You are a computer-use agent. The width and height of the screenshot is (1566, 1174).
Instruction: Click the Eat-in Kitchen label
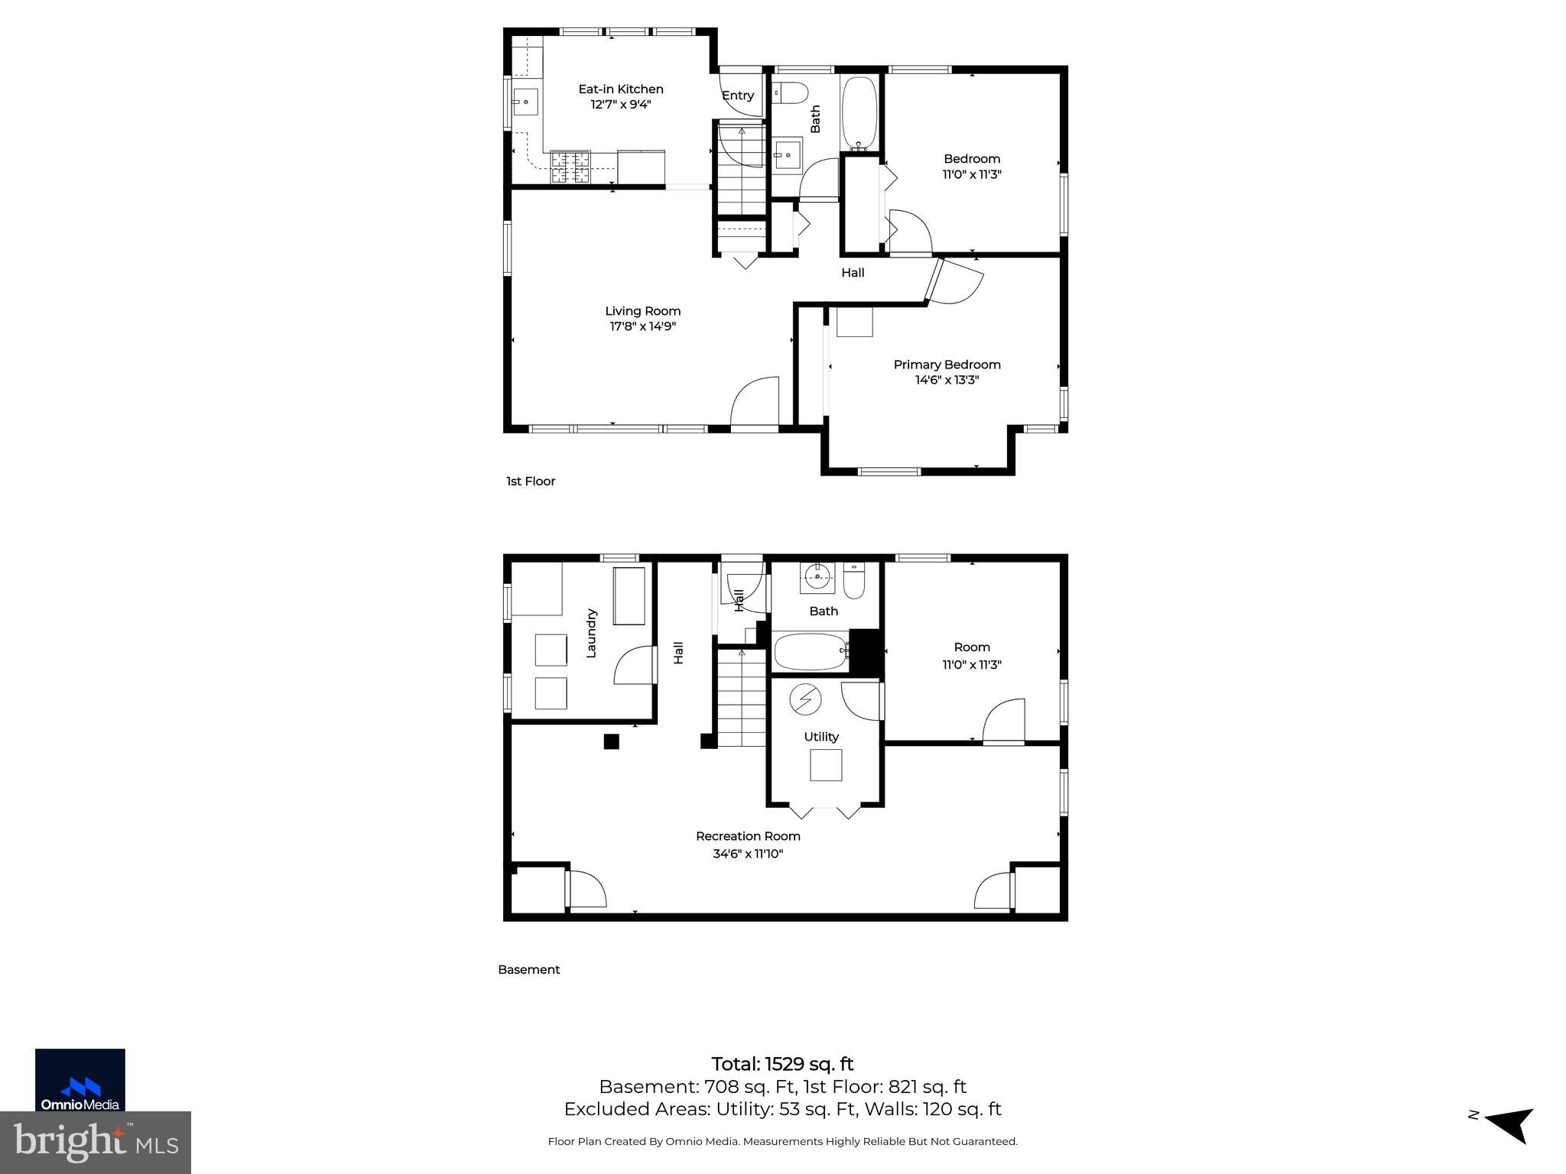[x=620, y=89]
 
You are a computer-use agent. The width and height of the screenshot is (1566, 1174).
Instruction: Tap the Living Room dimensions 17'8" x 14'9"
[x=642, y=326]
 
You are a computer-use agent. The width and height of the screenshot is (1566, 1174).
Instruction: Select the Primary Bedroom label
[x=947, y=365]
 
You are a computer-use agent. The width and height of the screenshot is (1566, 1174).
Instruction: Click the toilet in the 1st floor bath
[x=789, y=93]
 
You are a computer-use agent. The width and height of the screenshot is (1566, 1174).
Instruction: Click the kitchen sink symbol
[x=526, y=102]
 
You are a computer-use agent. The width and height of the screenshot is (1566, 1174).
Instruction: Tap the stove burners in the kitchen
[x=570, y=167]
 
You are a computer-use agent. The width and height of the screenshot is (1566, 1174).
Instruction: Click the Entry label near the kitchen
[x=738, y=96]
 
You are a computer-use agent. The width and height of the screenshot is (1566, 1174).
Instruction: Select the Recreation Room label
[x=748, y=836]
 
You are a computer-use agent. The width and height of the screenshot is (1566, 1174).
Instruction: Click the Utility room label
[x=821, y=737]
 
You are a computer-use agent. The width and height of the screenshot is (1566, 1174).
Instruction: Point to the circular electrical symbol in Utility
[x=805, y=699]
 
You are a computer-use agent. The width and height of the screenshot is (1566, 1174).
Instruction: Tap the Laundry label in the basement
[x=591, y=633]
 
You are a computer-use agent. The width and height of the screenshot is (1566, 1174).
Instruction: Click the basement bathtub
[x=811, y=651]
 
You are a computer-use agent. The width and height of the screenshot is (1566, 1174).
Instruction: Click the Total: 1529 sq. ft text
[x=782, y=1064]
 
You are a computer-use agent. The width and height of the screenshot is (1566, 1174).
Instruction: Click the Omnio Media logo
[x=80, y=1079]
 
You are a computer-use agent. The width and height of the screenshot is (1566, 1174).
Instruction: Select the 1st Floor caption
[x=531, y=482]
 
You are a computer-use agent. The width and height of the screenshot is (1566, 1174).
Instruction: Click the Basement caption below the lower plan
[x=529, y=969]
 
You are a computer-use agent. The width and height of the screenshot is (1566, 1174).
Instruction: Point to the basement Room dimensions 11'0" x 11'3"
[x=972, y=665]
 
